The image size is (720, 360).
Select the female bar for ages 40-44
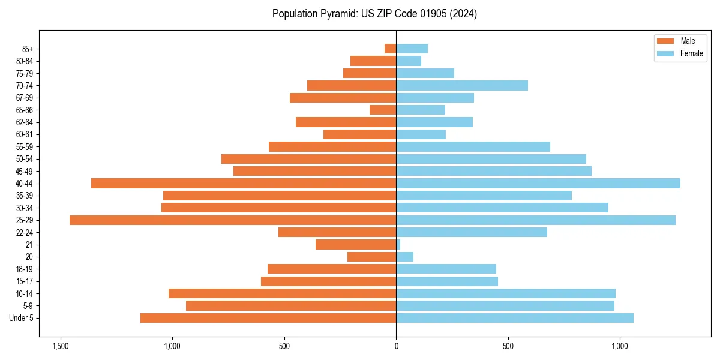pos(538,184)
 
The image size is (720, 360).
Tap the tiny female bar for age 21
pos(398,245)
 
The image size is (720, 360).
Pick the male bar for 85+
pos(391,49)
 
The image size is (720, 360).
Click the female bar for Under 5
pos(515,318)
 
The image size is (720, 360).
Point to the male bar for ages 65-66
pos(383,110)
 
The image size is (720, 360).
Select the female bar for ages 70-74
pos(462,86)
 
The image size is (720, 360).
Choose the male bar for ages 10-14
pos(282,293)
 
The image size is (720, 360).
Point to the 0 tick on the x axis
pos(396,346)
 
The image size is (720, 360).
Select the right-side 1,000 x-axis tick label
pos(620,346)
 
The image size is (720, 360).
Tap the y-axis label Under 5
pos(22,318)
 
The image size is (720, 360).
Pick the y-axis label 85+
pos(28,49)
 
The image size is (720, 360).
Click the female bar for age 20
pos(405,257)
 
